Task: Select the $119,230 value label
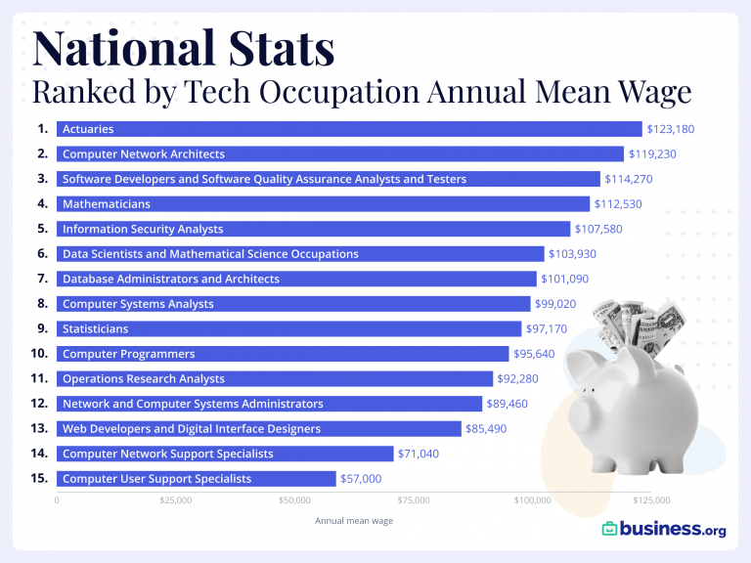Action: click(652, 154)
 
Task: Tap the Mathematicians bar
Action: click(323, 204)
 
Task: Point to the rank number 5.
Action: click(42, 229)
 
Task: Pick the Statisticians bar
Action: click(288, 328)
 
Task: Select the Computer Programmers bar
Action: click(283, 354)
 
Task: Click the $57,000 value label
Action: click(361, 479)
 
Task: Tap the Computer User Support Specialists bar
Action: click(196, 479)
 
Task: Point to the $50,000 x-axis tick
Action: click(294, 500)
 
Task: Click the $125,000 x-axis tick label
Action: click(651, 500)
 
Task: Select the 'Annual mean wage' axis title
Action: click(354, 521)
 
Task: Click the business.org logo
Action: click(664, 529)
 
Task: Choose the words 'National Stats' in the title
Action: click(184, 49)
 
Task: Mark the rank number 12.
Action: click(40, 404)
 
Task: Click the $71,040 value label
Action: click(422, 454)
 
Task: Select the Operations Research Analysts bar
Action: click(274, 378)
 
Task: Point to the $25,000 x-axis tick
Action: click(175, 500)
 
